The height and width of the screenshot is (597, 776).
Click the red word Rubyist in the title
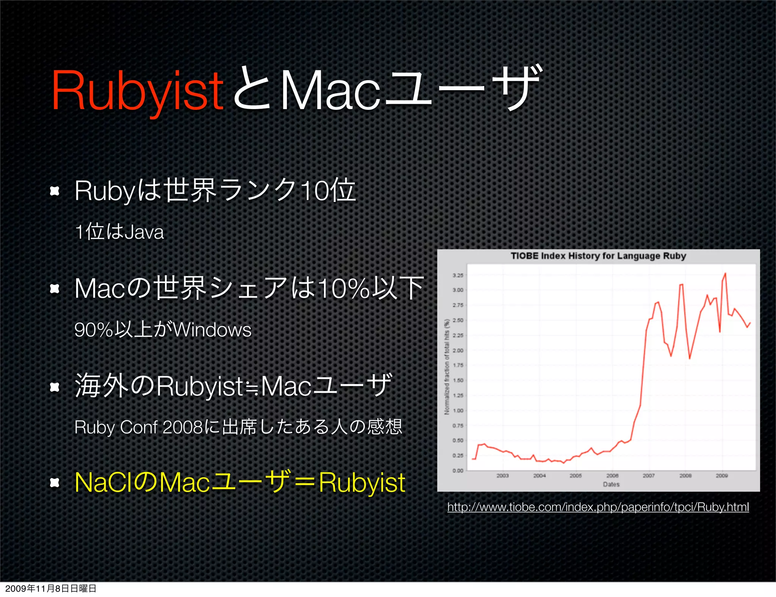tap(137, 91)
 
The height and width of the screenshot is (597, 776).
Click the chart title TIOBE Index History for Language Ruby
tap(598, 256)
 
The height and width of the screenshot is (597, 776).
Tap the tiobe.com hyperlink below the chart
tap(598, 507)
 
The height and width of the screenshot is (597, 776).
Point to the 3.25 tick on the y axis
tap(458, 275)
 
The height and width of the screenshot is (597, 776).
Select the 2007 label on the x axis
tap(648, 475)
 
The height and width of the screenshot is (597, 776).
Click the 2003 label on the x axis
tap(502, 475)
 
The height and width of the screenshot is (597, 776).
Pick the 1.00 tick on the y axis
tap(458, 411)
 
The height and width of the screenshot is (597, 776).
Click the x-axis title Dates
tap(611, 484)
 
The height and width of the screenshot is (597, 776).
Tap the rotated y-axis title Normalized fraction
tap(447, 367)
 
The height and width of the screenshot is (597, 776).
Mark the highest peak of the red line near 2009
tap(725, 273)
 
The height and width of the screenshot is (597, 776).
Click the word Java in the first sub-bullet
tap(144, 232)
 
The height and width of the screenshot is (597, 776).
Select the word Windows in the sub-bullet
tap(212, 330)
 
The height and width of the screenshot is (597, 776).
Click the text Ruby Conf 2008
tap(138, 427)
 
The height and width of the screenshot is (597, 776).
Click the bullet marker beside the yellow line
tap(55, 483)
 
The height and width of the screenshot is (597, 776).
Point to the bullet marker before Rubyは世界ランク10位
tap(55, 191)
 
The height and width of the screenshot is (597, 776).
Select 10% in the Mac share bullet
tap(343, 289)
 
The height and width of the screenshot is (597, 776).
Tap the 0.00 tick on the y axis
tap(458, 471)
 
